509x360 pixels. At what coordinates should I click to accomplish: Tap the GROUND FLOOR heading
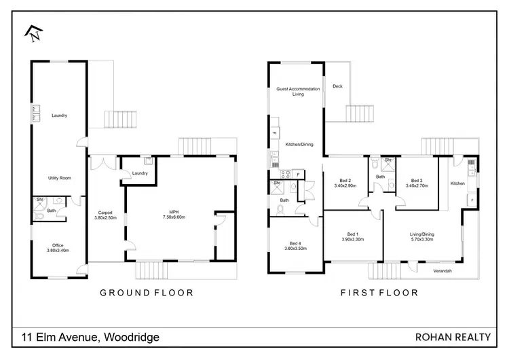(x=147, y=293)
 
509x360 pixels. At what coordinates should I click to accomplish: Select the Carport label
(x=105, y=214)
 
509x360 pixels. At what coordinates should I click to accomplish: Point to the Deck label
(x=337, y=86)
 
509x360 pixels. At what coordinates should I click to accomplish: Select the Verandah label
(x=442, y=271)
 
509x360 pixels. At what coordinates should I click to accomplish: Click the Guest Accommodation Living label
(x=298, y=92)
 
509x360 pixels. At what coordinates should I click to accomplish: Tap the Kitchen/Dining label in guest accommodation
(x=299, y=144)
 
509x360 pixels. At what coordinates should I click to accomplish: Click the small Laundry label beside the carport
(x=140, y=173)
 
